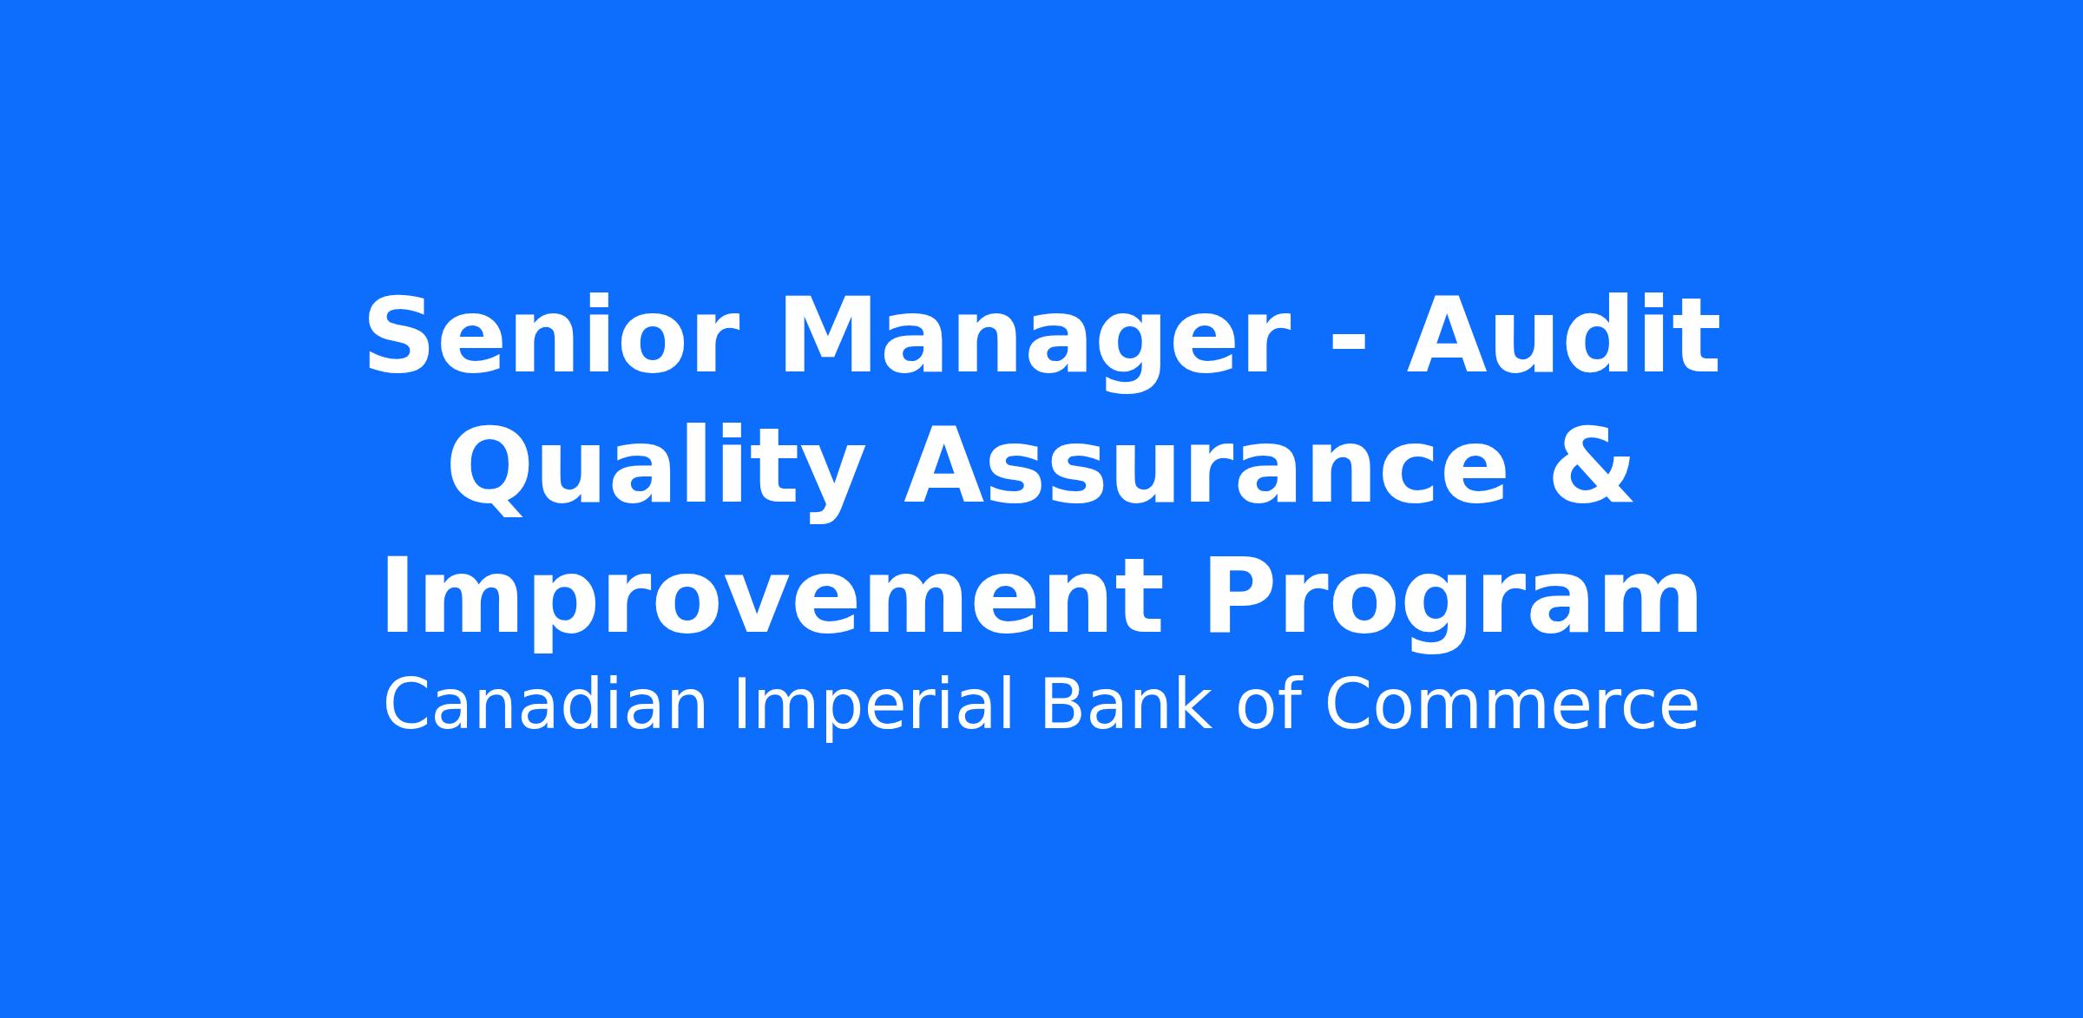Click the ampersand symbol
click(1592, 466)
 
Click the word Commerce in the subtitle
click(1512, 706)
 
